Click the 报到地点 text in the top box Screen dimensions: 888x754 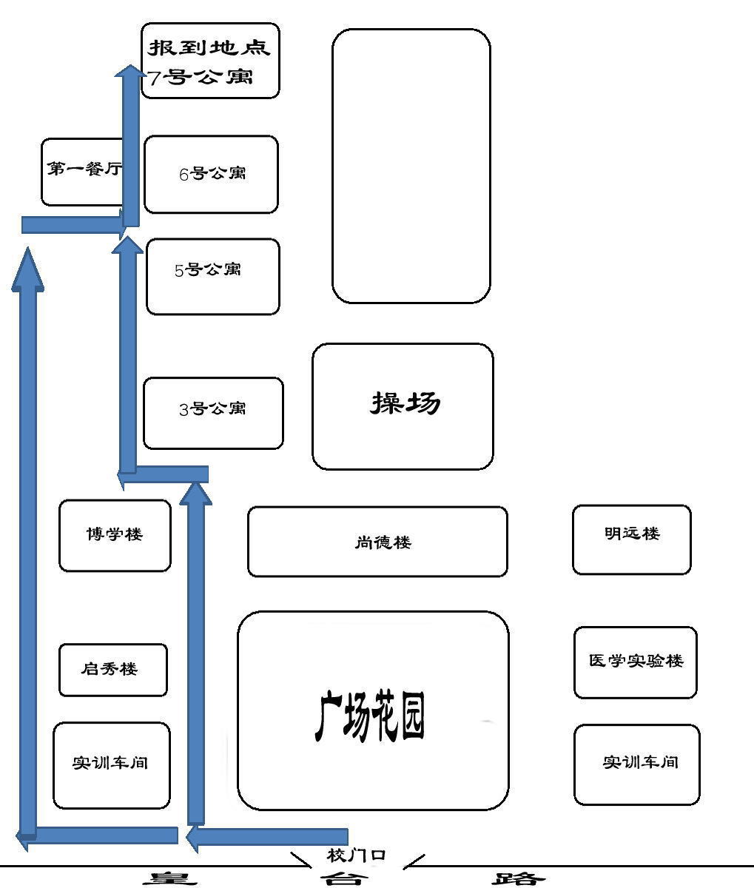[x=209, y=47]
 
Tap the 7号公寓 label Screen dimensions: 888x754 [x=200, y=77]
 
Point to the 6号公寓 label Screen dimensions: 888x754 [x=212, y=174]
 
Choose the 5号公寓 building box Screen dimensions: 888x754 [x=213, y=277]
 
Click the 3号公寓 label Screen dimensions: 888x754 [x=212, y=408]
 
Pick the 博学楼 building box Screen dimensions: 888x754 [x=115, y=536]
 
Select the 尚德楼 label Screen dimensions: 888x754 [x=383, y=542]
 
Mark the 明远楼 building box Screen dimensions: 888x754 [x=631, y=539]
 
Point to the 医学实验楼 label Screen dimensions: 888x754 [x=636, y=661]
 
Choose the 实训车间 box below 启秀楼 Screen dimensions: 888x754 [x=111, y=765]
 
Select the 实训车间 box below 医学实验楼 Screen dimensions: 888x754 [x=637, y=764]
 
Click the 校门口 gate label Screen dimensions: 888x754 [x=356, y=855]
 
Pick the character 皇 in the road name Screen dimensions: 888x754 [x=171, y=879]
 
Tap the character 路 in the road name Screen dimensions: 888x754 [x=518, y=879]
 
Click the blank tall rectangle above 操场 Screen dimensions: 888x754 [x=411, y=166]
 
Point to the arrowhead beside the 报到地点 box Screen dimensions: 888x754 [x=131, y=72]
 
